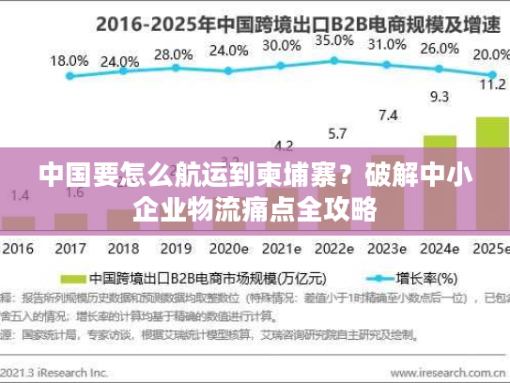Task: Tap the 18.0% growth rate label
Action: [x=69, y=60]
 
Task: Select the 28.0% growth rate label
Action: [x=172, y=54]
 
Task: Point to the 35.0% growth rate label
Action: [x=333, y=40]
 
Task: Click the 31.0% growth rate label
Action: [x=387, y=44]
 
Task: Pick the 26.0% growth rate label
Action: [x=440, y=49]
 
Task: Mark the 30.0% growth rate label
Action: [x=281, y=44]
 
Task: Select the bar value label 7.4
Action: [x=388, y=115]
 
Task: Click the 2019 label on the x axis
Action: [x=176, y=250]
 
